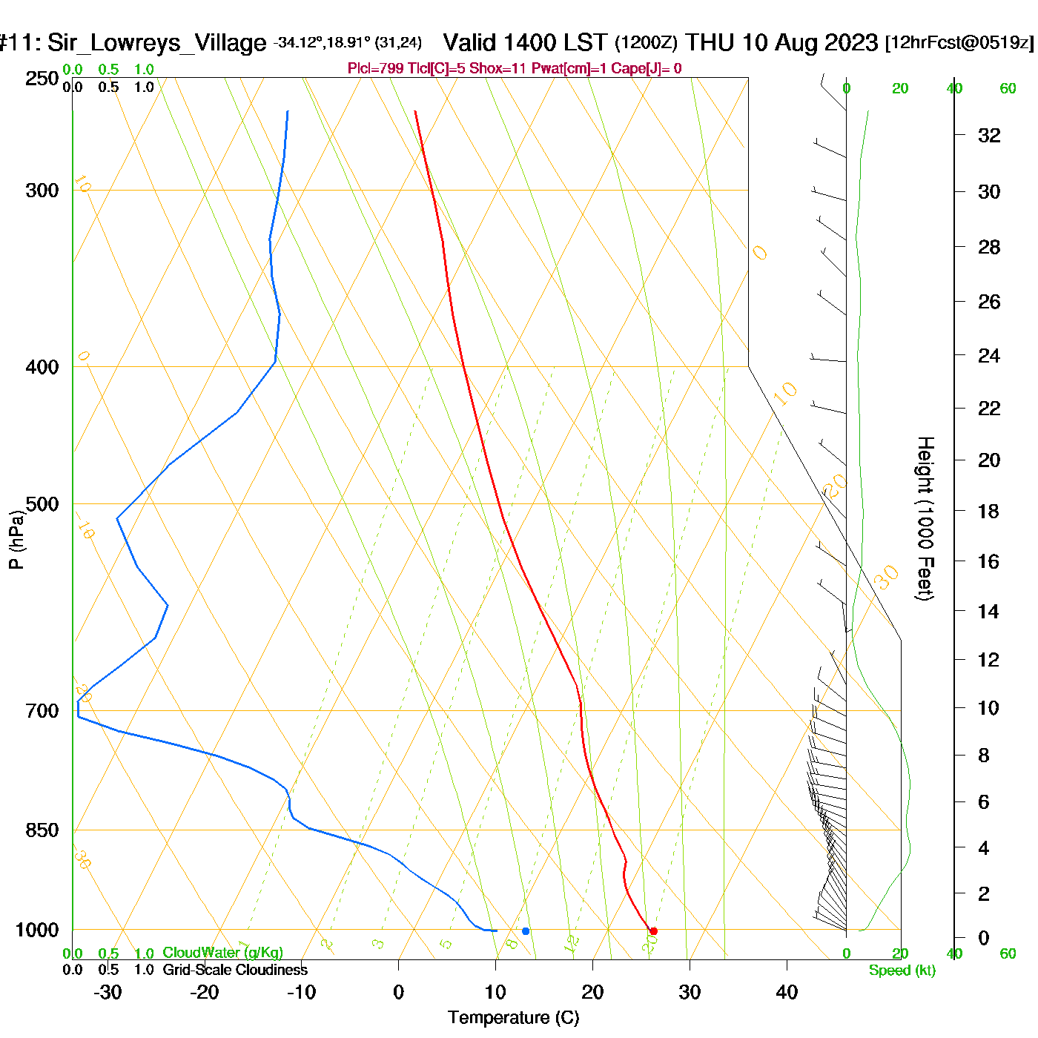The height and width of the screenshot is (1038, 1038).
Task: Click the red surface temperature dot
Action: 653,931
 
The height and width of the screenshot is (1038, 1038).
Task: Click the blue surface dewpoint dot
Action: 526,931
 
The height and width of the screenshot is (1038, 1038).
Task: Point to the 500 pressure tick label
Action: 42,504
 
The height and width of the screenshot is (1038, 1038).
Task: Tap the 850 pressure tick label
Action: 42,830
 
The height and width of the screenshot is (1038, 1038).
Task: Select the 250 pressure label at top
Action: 42,79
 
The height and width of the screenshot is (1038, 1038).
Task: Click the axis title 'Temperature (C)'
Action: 513,1018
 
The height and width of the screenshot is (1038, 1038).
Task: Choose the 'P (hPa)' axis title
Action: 16,540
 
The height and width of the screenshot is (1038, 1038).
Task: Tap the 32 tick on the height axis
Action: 989,135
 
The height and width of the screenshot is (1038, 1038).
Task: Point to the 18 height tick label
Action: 988,511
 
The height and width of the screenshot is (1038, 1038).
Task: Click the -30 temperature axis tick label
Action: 108,992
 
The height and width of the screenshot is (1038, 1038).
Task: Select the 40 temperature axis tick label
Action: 787,992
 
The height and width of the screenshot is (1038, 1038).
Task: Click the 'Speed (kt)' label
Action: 902,971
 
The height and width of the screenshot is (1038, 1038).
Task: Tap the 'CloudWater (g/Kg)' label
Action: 222,953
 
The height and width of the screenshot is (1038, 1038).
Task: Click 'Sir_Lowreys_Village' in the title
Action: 156,43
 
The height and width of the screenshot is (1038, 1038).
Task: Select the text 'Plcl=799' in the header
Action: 375,69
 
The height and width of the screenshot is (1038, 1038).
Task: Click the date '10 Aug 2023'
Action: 810,42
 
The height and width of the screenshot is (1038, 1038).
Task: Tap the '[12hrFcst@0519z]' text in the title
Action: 959,42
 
